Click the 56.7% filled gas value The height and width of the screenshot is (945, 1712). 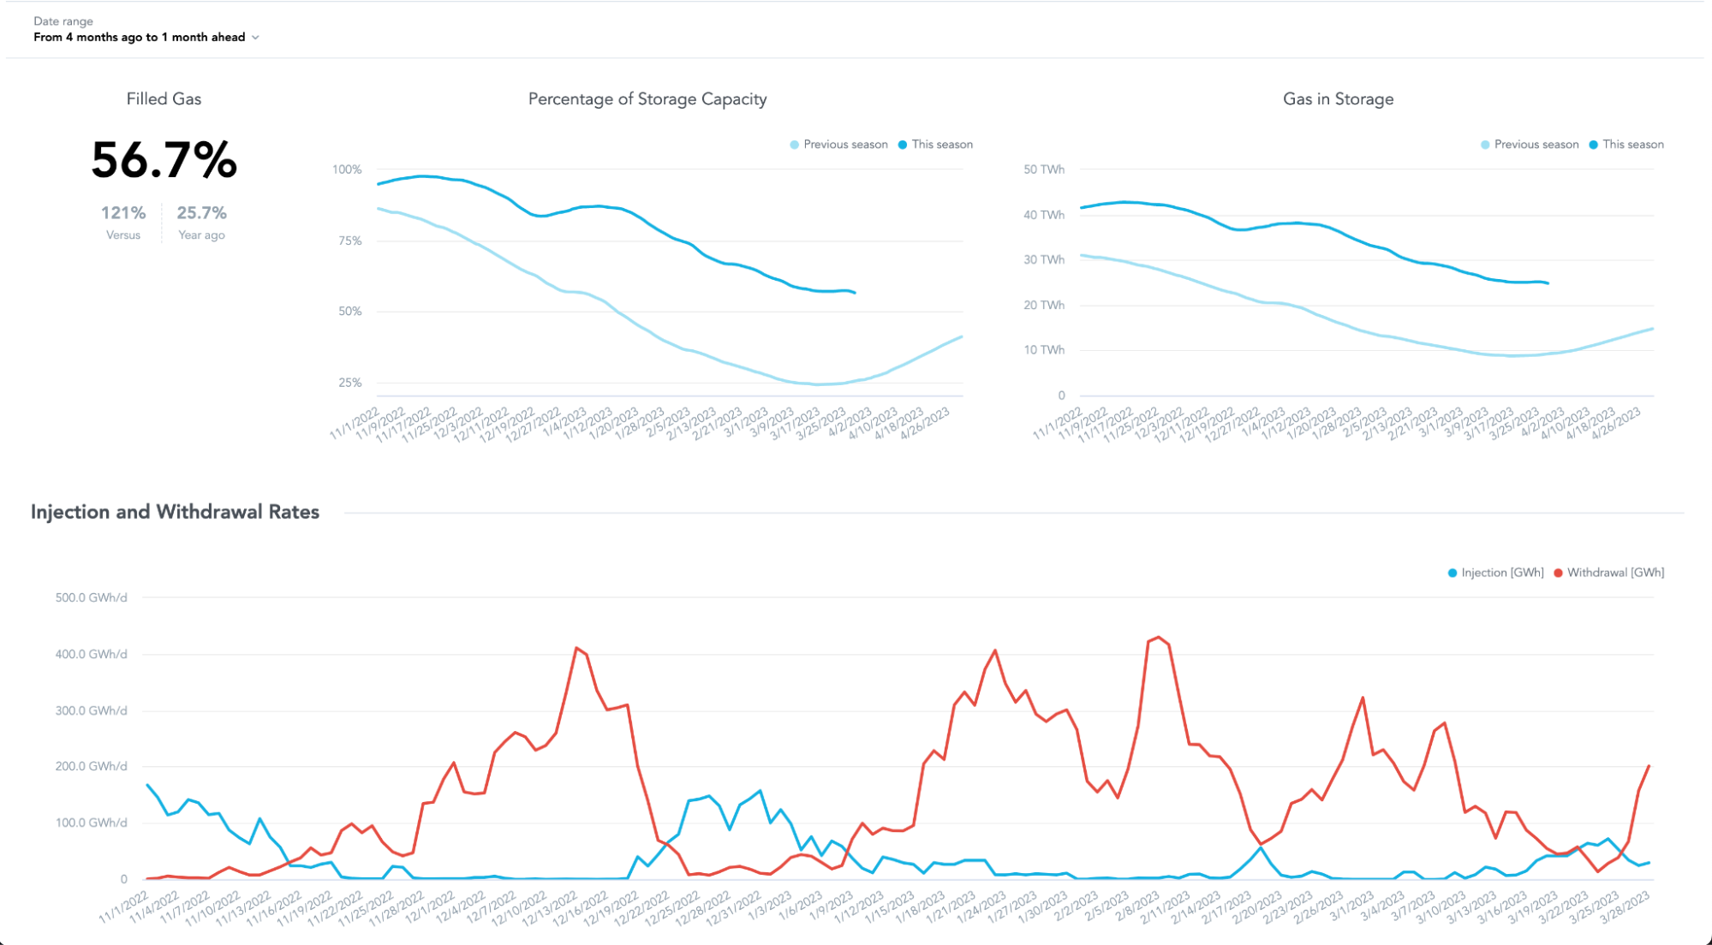[x=164, y=161]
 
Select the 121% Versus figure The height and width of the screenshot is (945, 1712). [x=123, y=213]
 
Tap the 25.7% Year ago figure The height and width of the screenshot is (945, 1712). [x=201, y=213]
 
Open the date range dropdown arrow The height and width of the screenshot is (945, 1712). [x=255, y=38]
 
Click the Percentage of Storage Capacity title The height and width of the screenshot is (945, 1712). [x=647, y=99]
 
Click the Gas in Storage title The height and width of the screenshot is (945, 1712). [x=1338, y=99]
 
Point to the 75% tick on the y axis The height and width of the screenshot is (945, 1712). [x=349, y=241]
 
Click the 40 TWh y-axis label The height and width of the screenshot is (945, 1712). [x=1043, y=215]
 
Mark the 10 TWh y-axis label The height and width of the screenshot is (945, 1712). [x=1043, y=350]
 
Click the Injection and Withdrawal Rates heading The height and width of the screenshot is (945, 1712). [x=175, y=512]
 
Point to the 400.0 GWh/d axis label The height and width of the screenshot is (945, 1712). [x=91, y=654]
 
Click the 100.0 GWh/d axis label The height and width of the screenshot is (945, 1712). [x=91, y=823]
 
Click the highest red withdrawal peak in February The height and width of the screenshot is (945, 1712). [x=1159, y=637]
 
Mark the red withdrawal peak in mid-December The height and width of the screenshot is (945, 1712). [x=576, y=648]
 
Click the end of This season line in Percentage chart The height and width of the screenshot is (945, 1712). [x=855, y=293]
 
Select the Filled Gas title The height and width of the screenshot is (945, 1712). [x=164, y=99]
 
